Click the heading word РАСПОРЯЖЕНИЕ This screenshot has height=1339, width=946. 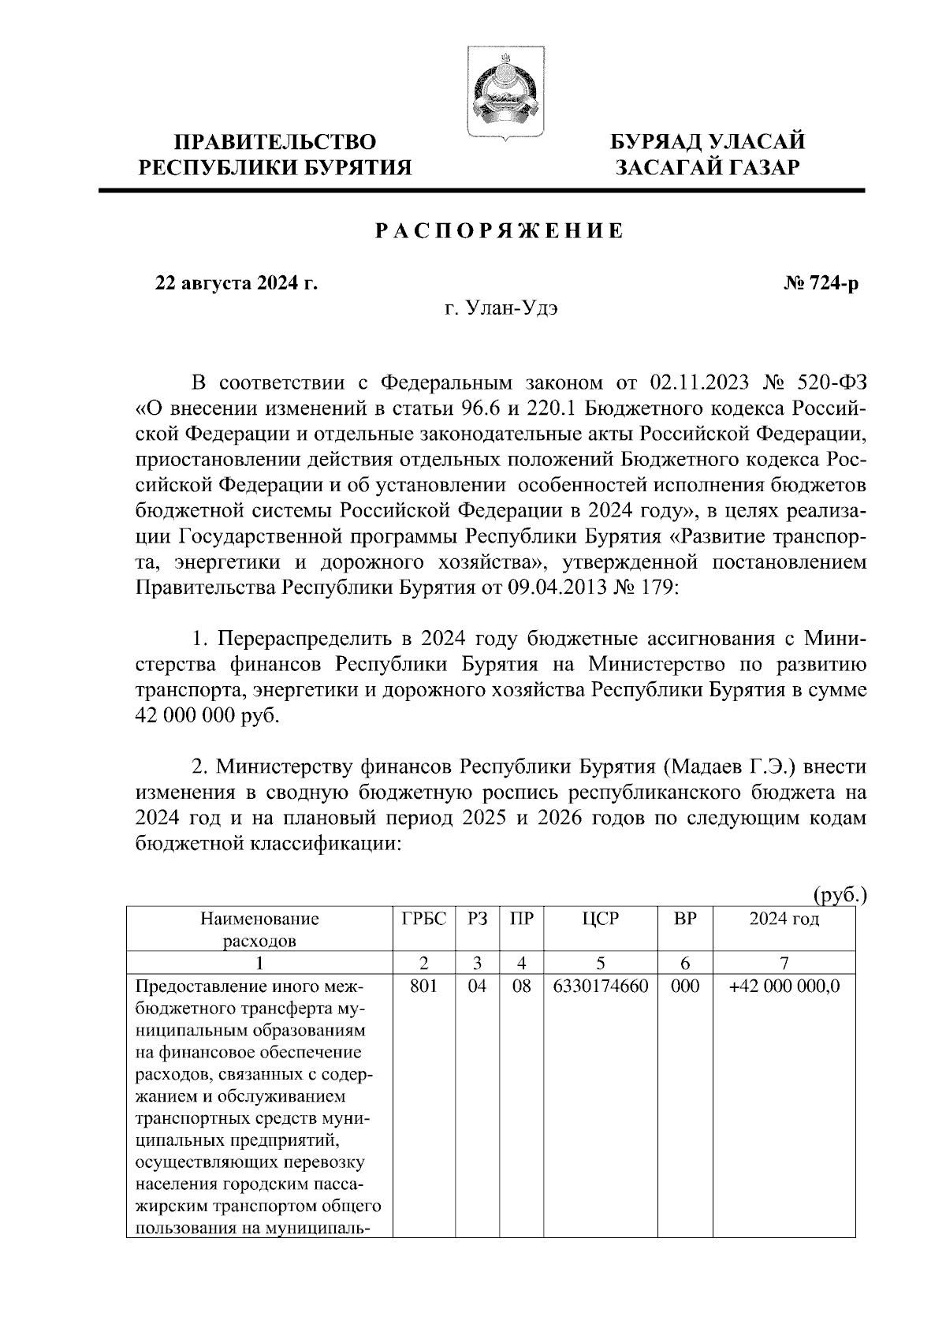click(x=498, y=231)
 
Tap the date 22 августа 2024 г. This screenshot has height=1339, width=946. click(x=236, y=283)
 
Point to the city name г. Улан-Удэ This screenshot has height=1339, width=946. click(x=501, y=308)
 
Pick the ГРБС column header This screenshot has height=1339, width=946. click(x=424, y=919)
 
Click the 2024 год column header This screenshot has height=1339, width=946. click(x=784, y=919)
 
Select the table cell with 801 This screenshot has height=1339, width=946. click(x=424, y=986)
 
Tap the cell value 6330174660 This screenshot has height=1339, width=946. click(x=601, y=986)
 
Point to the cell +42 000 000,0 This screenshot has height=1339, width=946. click(x=784, y=986)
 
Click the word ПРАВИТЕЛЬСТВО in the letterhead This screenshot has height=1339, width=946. click(x=275, y=143)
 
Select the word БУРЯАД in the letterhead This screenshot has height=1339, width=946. click(x=658, y=143)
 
